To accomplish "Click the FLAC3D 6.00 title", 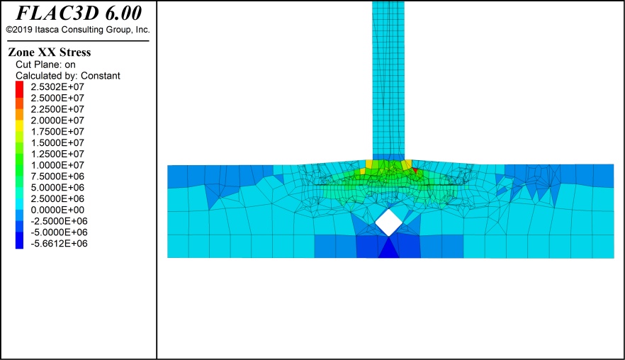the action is coord(79,13).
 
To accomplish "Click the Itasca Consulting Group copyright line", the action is coord(78,30).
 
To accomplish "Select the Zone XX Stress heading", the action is coord(50,52).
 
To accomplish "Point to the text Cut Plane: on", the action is coord(45,64).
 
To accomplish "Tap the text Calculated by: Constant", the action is coord(68,76).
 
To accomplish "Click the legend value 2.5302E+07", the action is coord(57,87).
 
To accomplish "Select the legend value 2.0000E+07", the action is coord(57,120).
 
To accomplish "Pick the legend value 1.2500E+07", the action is coord(57,154).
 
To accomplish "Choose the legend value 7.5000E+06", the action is coord(57,176).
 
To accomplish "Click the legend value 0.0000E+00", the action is coord(57,210).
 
